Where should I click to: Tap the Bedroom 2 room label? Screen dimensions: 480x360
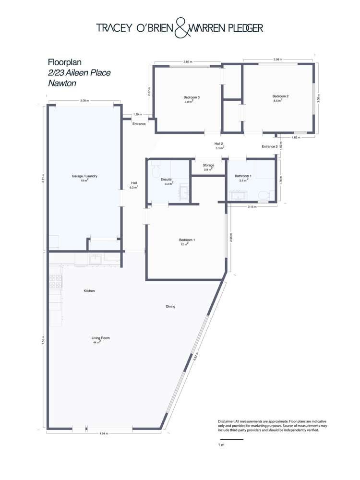coord(280,96)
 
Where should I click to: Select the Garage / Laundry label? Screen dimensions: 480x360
coord(84,176)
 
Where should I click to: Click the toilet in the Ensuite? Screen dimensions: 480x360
coord(156,170)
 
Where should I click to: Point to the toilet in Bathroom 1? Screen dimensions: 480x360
coord(264,195)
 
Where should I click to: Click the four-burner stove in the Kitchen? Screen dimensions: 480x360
coord(55,281)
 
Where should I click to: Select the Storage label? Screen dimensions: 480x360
coord(208,165)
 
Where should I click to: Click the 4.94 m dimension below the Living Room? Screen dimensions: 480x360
coord(104,433)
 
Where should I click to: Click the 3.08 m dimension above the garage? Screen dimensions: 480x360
coord(84,101)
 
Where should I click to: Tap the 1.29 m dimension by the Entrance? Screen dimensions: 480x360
coord(137,115)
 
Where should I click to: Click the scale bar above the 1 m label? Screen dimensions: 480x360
coord(231,439)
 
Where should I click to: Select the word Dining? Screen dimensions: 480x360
coord(170,306)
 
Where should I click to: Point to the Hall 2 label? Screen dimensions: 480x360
coord(219,144)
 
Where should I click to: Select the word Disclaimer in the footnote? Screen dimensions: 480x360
coord(228,421)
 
